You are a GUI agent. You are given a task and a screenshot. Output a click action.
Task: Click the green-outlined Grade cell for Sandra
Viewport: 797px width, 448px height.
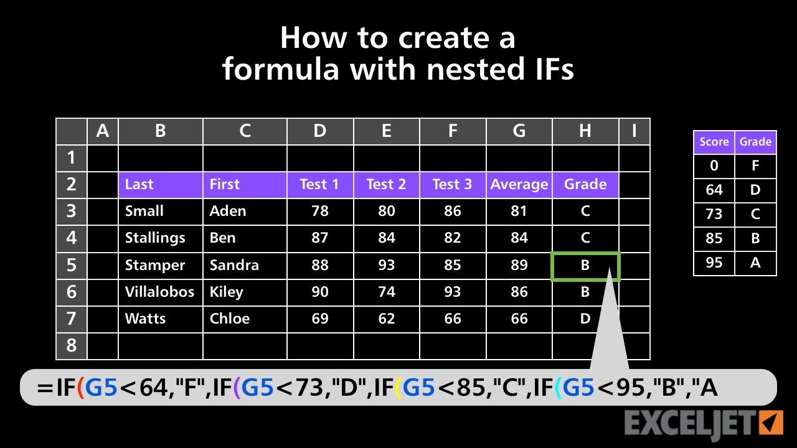coord(585,266)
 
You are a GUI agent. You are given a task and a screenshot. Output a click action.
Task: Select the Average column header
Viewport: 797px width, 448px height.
coord(519,185)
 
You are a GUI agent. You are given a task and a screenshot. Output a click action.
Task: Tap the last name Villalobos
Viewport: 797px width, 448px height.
coord(159,292)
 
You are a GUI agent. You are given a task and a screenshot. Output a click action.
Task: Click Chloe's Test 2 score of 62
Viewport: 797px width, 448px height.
coord(386,319)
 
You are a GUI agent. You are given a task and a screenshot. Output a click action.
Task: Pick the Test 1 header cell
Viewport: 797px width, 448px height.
coord(319,185)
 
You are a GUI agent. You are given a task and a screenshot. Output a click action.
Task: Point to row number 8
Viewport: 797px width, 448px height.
coord(72,345)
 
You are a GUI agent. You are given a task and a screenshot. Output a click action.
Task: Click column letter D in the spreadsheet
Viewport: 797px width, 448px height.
coord(319,131)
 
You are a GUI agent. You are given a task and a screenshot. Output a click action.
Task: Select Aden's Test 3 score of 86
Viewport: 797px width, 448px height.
coord(453,212)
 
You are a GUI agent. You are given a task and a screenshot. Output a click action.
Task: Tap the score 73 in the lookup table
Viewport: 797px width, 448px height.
coord(714,214)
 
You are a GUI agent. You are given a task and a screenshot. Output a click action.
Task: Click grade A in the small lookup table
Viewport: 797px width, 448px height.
coord(755,263)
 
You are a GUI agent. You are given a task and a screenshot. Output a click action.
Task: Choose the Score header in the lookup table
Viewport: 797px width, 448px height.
coord(714,142)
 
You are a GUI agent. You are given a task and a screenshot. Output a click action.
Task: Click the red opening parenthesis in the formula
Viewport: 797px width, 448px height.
coord(80,389)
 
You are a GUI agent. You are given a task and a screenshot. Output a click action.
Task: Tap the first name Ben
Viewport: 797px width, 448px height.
coord(223,238)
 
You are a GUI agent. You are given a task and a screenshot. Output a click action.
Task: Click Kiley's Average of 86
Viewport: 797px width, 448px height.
coord(519,292)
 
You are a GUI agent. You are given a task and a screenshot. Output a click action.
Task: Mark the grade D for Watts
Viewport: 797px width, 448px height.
coord(585,319)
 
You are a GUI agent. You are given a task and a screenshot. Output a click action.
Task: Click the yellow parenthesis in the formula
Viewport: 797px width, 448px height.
coord(397,389)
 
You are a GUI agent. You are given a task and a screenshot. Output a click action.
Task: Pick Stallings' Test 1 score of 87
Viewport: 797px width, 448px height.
coord(319,238)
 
